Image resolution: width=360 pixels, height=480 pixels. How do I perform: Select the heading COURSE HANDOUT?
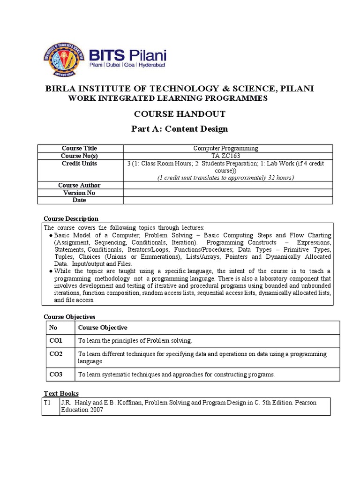click(x=180, y=114)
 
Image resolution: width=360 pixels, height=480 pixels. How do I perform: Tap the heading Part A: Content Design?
click(x=180, y=129)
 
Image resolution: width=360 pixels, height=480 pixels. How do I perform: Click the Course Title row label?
click(x=80, y=148)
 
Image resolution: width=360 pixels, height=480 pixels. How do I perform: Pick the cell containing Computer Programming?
click(x=225, y=148)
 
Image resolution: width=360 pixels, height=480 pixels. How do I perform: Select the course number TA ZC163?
click(x=225, y=156)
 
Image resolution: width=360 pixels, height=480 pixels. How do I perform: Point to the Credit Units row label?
click(x=80, y=163)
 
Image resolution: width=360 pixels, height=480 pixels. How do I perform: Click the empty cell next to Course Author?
click(x=228, y=185)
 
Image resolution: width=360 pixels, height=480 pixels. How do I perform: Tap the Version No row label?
click(x=80, y=193)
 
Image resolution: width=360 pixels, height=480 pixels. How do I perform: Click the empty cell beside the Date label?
click(x=228, y=200)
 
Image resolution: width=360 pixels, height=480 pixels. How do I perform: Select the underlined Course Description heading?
click(x=71, y=218)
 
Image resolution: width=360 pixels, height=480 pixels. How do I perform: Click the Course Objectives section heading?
click(x=69, y=317)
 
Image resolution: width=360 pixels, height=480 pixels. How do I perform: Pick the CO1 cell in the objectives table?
click(x=56, y=340)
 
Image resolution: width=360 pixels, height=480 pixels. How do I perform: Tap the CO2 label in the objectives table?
click(x=56, y=354)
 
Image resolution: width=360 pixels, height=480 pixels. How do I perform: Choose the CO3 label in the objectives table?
click(x=56, y=374)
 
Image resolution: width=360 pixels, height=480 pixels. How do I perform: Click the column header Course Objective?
click(x=103, y=327)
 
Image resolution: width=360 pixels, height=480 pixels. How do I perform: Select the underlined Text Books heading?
click(x=61, y=393)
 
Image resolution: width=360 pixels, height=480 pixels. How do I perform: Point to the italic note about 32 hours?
click(x=225, y=178)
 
